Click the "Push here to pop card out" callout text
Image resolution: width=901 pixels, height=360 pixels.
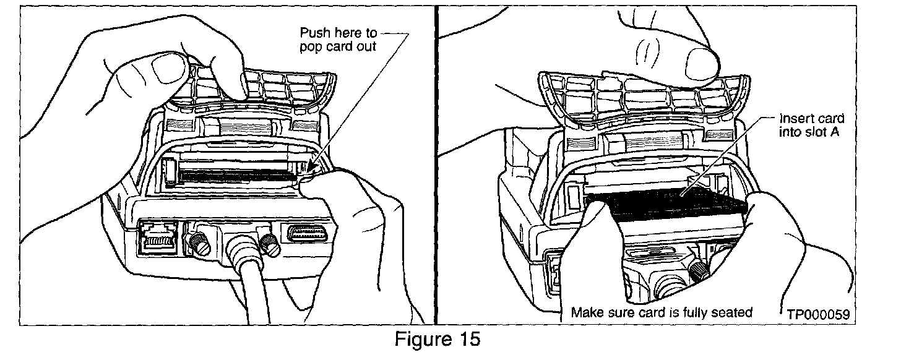[338, 40]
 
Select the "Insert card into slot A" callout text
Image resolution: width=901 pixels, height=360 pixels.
[811, 125]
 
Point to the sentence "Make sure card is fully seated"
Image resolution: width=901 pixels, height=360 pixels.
[661, 312]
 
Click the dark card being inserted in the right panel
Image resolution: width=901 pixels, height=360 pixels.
[668, 204]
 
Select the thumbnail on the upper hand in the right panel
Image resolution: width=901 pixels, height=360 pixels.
[700, 58]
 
